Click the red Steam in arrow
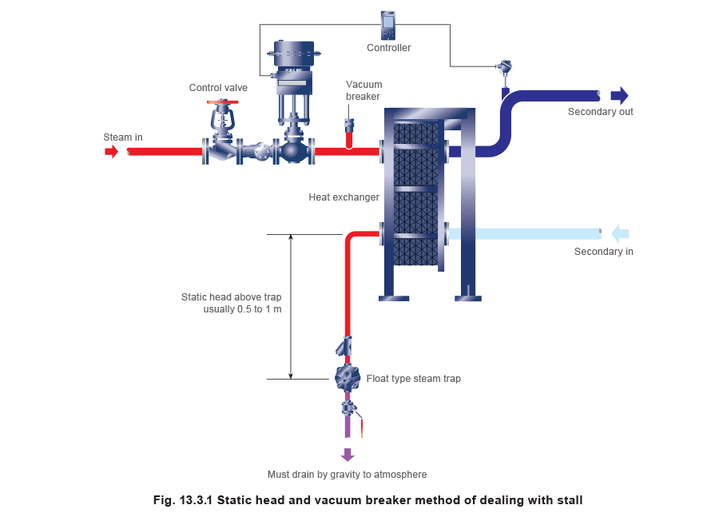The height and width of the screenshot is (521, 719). coord(111,151)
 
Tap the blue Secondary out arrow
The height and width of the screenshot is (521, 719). coord(619,96)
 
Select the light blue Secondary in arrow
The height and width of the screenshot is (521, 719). coord(620,233)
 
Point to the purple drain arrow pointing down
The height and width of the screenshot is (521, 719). coord(348,455)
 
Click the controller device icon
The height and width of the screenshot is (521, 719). coord(388,26)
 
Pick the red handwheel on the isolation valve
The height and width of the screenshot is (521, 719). coord(223,102)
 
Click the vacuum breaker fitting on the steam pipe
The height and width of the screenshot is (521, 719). coord(349,125)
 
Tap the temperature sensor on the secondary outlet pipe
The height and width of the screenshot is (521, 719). coord(504,69)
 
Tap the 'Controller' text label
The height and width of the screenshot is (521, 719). coord(389,48)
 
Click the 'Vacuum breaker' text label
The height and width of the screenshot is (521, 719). coord(363,90)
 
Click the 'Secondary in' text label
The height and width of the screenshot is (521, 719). coord(604,253)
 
